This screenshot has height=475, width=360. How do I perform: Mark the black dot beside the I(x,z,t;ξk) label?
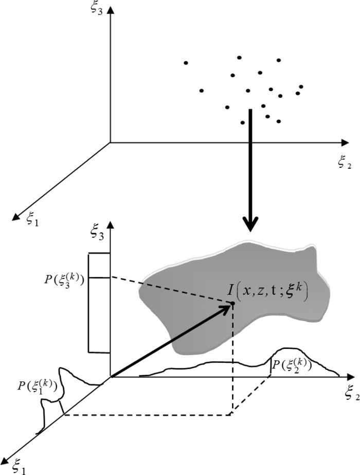[x=232, y=303]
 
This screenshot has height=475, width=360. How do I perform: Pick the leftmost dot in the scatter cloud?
[x=186, y=63]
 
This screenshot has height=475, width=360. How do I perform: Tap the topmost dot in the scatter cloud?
[x=239, y=57]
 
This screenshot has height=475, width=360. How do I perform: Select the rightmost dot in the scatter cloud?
[x=301, y=86]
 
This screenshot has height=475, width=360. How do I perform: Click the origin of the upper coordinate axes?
[x=110, y=142]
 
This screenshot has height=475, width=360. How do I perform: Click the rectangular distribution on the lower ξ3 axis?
[x=99, y=303]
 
